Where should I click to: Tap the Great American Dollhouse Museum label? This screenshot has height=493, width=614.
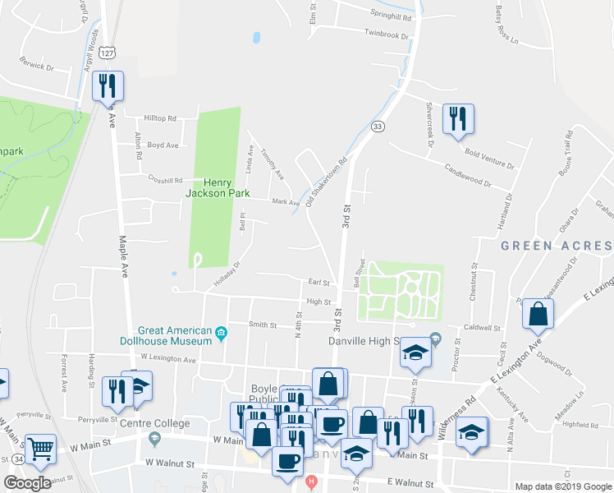pyautogui.click(x=176, y=334)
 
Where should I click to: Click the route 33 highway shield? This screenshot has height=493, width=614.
pyautogui.click(x=377, y=126)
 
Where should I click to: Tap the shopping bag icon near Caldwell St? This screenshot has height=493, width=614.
pyautogui.click(x=538, y=314)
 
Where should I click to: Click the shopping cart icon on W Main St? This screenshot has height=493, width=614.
pyautogui.click(x=39, y=449)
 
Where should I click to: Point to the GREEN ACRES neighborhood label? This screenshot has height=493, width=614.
pyautogui.click(x=556, y=246)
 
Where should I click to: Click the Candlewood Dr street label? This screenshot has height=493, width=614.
pyautogui.click(x=467, y=173)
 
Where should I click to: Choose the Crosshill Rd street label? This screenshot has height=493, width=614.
pyautogui.click(x=165, y=181)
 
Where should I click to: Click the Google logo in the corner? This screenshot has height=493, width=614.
pyautogui.click(x=27, y=483)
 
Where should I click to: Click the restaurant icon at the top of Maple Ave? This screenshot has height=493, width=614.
pyautogui.click(x=108, y=85)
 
